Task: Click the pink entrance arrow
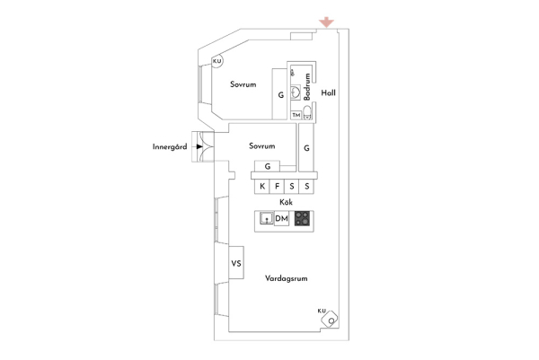(x=326, y=22)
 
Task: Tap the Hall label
(x=328, y=92)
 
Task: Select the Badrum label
(x=307, y=86)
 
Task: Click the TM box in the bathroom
(x=296, y=115)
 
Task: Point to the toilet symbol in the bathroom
(x=307, y=112)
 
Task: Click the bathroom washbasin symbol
(x=296, y=92)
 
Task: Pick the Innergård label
(x=170, y=146)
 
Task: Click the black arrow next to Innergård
(x=199, y=146)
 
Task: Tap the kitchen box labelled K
(x=262, y=187)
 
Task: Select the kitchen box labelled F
(x=277, y=187)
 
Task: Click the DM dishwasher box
(x=281, y=218)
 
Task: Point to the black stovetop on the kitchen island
(x=302, y=218)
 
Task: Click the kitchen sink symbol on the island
(x=267, y=218)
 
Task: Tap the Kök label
(x=286, y=202)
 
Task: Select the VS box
(x=236, y=263)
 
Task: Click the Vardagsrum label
(x=286, y=278)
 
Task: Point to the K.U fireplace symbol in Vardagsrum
(x=330, y=319)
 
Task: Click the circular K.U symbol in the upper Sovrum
(x=216, y=61)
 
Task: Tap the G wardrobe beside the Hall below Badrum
(x=306, y=148)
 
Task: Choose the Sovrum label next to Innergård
(x=262, y=146)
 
